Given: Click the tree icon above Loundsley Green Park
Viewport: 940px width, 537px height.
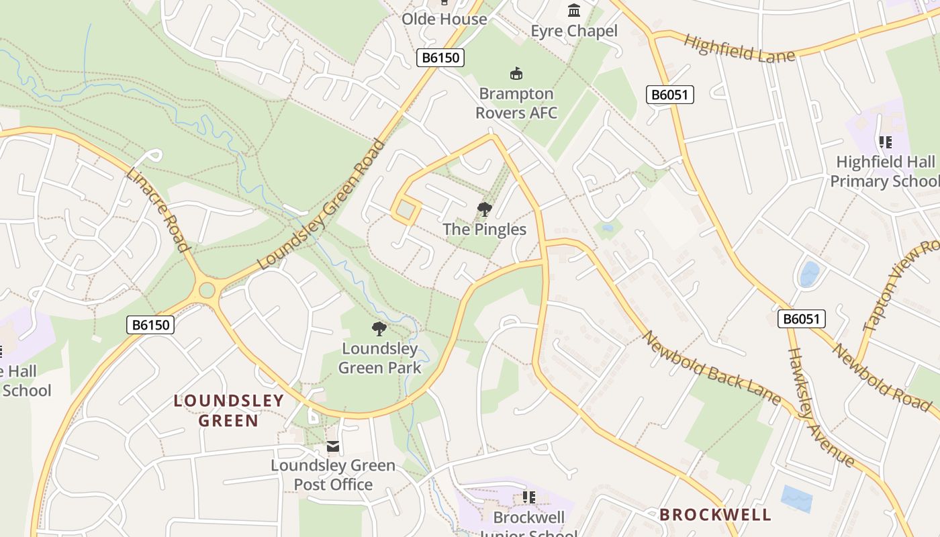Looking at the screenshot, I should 379,328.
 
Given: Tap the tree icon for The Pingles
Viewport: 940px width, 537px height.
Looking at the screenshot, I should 484,209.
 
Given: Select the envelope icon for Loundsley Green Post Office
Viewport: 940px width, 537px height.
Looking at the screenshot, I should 332,446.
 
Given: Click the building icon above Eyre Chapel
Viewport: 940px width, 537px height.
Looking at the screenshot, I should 574,11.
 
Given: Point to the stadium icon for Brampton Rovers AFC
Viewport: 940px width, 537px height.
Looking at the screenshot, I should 516,73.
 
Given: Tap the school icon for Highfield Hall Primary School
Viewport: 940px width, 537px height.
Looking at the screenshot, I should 885,142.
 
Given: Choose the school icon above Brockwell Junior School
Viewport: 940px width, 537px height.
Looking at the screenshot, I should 528,497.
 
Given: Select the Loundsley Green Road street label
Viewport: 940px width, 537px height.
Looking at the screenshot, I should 323,205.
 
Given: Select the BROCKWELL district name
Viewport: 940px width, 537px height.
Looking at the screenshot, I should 715,515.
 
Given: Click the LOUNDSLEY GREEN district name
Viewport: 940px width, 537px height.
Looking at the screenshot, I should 228,411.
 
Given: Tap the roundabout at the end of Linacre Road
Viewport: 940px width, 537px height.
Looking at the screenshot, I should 207,290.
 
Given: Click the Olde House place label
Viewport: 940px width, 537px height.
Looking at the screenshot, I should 444,19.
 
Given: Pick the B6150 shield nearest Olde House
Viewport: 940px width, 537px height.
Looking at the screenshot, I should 440,58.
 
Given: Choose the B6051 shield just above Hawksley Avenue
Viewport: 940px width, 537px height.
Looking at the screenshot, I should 802,319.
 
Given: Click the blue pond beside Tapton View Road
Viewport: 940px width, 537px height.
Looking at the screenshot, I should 809,275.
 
